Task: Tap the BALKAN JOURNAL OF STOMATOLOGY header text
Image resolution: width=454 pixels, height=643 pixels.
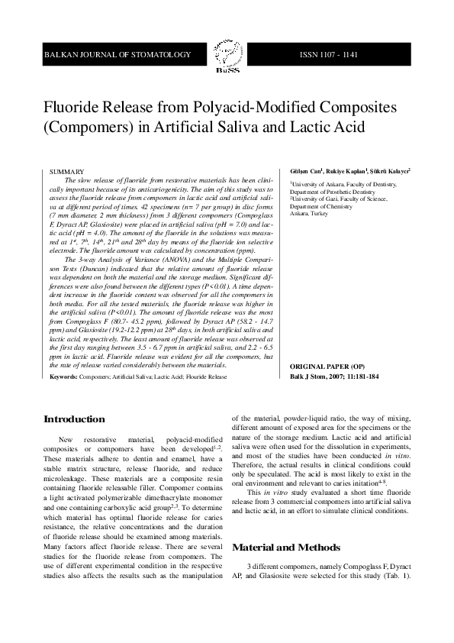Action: point(118,56)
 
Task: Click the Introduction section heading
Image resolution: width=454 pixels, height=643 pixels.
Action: point(74,419)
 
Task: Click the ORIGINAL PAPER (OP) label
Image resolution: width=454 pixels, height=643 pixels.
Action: point(326,367)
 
